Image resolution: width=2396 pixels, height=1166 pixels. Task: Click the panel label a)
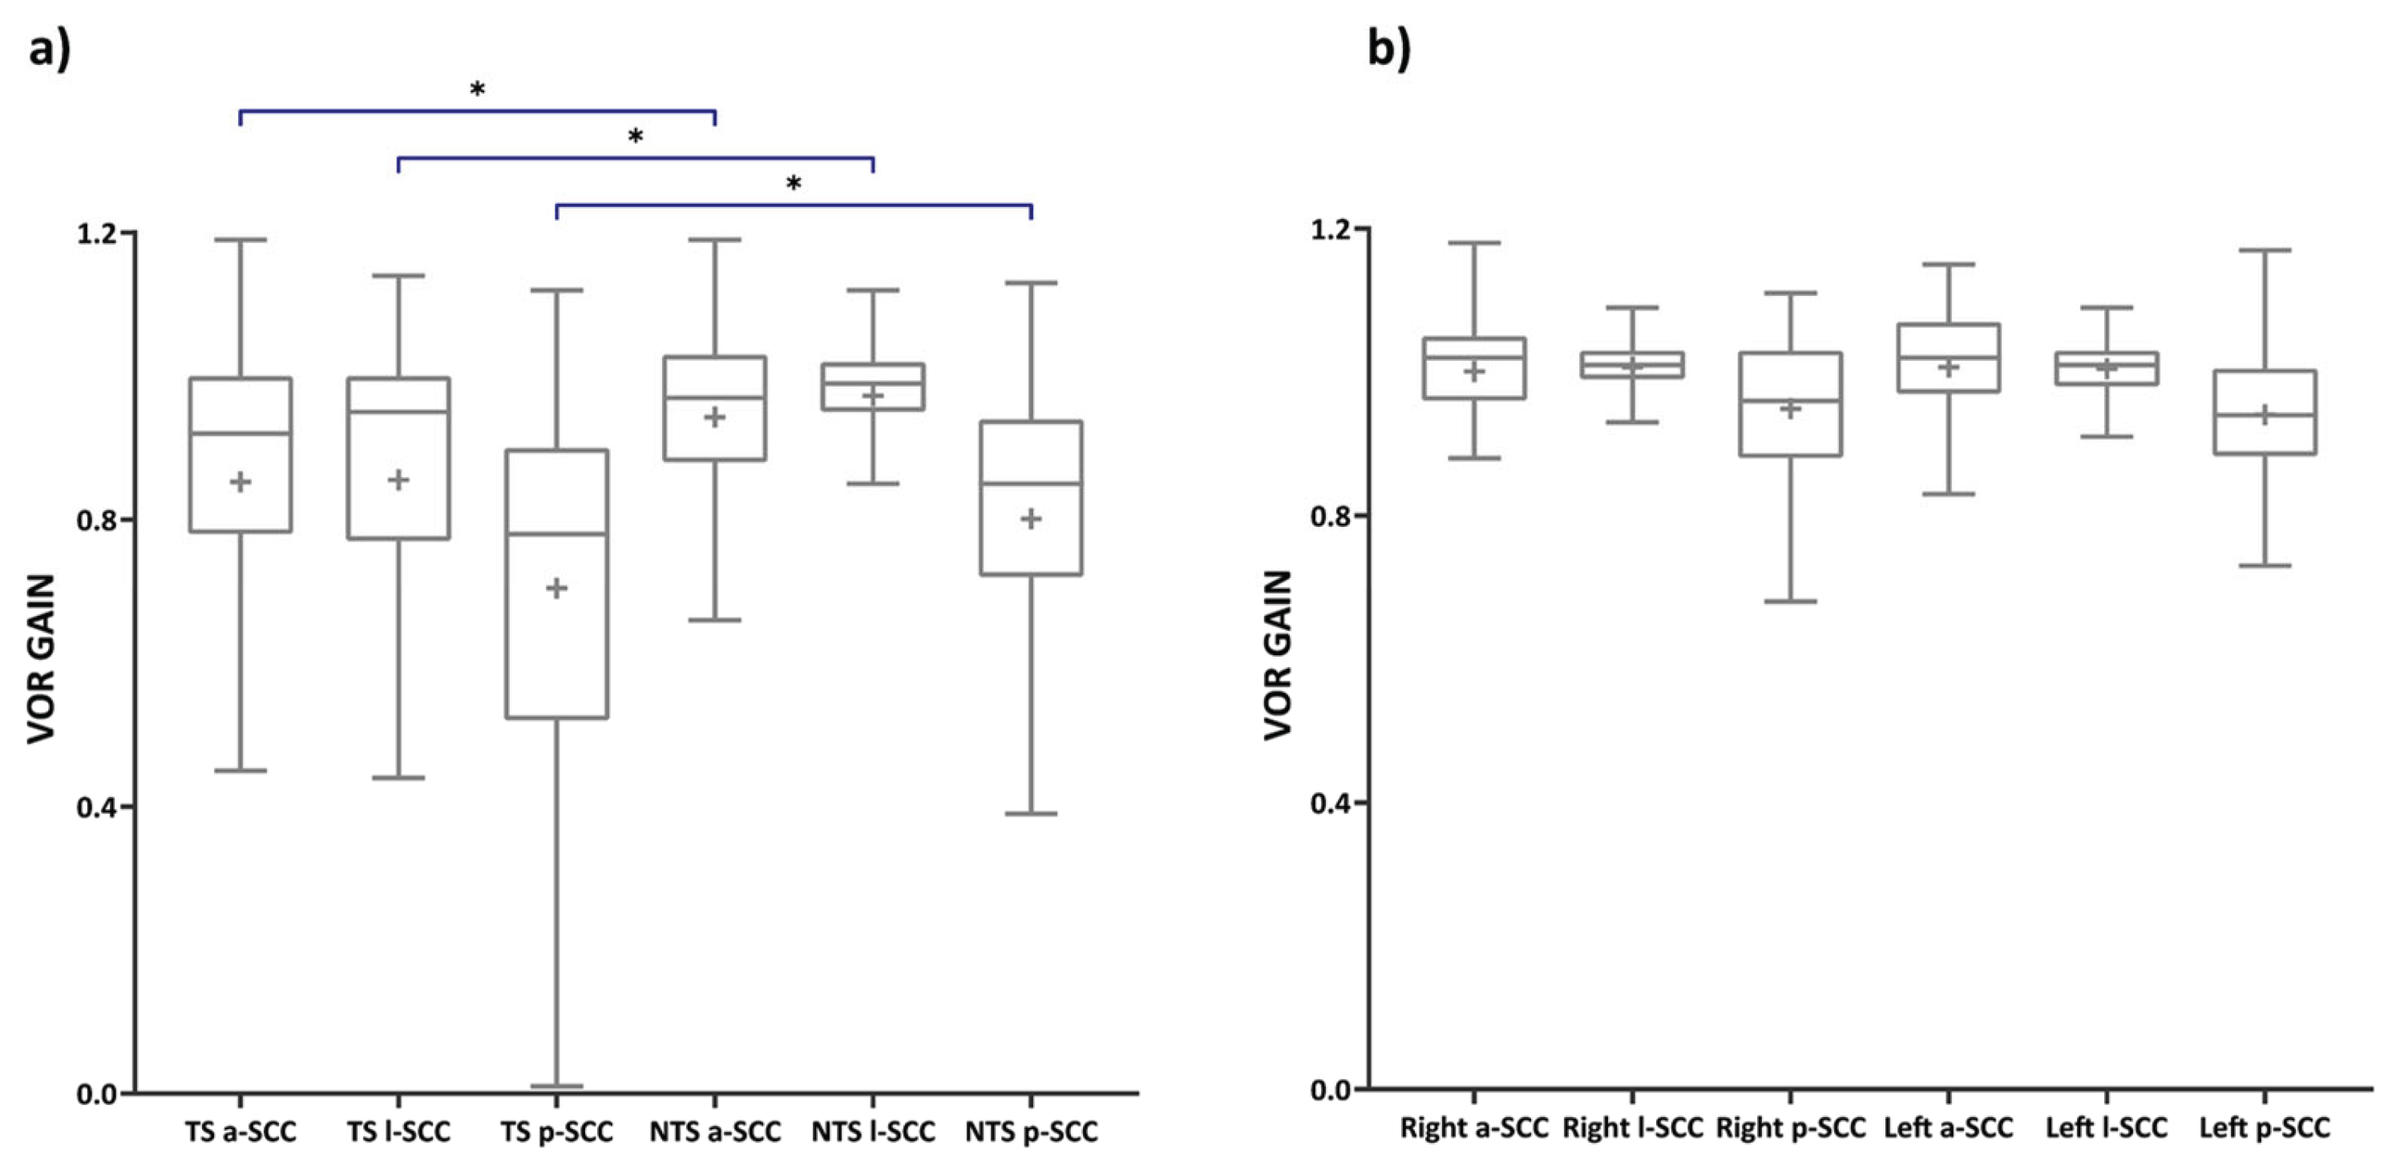click(x=48, y=47)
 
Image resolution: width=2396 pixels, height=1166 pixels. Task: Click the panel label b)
click(x=1388, y=47)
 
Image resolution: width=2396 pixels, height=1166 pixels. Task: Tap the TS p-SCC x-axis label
click(x=556, y=1132)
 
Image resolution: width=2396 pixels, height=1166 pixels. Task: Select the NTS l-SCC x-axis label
click(x=872, y=1132)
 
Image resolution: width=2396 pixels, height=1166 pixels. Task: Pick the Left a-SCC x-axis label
click(x=1948, y=1128)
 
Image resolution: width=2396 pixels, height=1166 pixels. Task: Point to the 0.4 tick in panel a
click(x=99, y=807)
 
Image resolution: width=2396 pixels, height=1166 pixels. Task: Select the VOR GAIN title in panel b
click(x=1278, y=655)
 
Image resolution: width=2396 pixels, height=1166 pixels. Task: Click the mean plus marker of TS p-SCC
click(x=556, y=588)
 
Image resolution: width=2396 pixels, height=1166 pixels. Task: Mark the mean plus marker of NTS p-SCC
click(x=1031, y=518)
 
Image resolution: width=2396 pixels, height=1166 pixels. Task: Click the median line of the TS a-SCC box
click(x=241, y=433)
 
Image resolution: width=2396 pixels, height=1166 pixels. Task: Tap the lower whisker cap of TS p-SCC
click(x=556, y=1085)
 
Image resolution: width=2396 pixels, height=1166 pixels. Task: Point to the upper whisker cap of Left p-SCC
click(x=2264, y=249)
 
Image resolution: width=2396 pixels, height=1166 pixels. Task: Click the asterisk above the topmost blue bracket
click(x=477, y=91)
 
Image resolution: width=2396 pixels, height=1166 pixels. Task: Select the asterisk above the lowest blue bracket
click(x=794, y=184)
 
